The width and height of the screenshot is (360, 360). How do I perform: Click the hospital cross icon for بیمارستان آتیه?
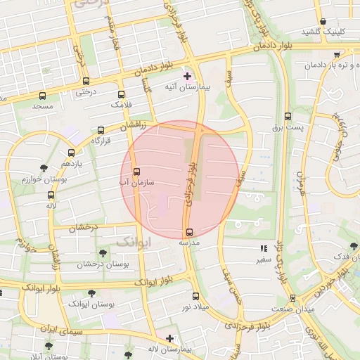[x=187, y=76]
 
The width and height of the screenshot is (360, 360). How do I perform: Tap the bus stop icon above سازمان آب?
[x=136, y=171]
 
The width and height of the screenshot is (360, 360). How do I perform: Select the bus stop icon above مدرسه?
[x=188, y=232]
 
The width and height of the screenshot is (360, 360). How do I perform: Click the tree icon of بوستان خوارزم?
[x=44, y=168]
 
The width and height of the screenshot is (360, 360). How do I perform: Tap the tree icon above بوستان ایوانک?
[x=90, y=293]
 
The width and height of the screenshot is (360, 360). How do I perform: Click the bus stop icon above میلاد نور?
[x=195, y=296]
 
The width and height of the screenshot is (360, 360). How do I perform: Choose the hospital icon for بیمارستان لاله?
[x=169, y=339]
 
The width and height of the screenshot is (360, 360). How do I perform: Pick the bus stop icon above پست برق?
[x=288, y=117]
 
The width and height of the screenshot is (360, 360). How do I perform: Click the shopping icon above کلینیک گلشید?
[x=323, y=22]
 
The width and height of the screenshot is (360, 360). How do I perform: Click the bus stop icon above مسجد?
[x=42, y=96]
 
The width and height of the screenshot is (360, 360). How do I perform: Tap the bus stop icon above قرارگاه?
[x=101, y=130]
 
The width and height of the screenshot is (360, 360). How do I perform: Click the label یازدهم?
[x=71, y=163]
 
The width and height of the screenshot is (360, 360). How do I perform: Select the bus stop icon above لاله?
[x=51, y=195]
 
